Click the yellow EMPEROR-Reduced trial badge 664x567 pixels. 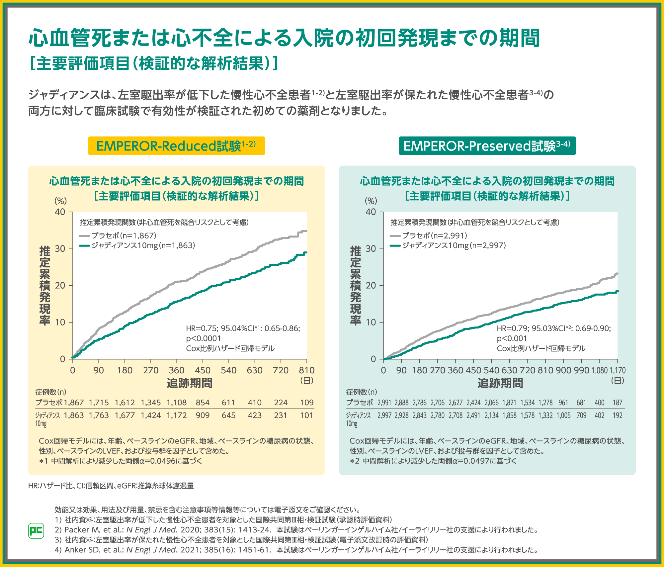click(176, 146)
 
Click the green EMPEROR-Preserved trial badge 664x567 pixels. click(487, 146)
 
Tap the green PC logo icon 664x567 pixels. click(36, 530)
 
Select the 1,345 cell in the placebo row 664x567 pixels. click(151, 403)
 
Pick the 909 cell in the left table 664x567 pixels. click(203, 415)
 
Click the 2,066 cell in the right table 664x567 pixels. click(491, 403)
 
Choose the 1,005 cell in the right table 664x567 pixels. click(563, 415)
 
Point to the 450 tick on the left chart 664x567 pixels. click(203, 370)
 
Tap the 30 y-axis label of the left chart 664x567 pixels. click(60, 249)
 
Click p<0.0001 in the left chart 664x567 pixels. click(204, 338)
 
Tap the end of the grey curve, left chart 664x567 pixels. click(305, 231)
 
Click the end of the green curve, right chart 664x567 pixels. click(617, 291)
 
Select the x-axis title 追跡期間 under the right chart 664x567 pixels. click(500, 383)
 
